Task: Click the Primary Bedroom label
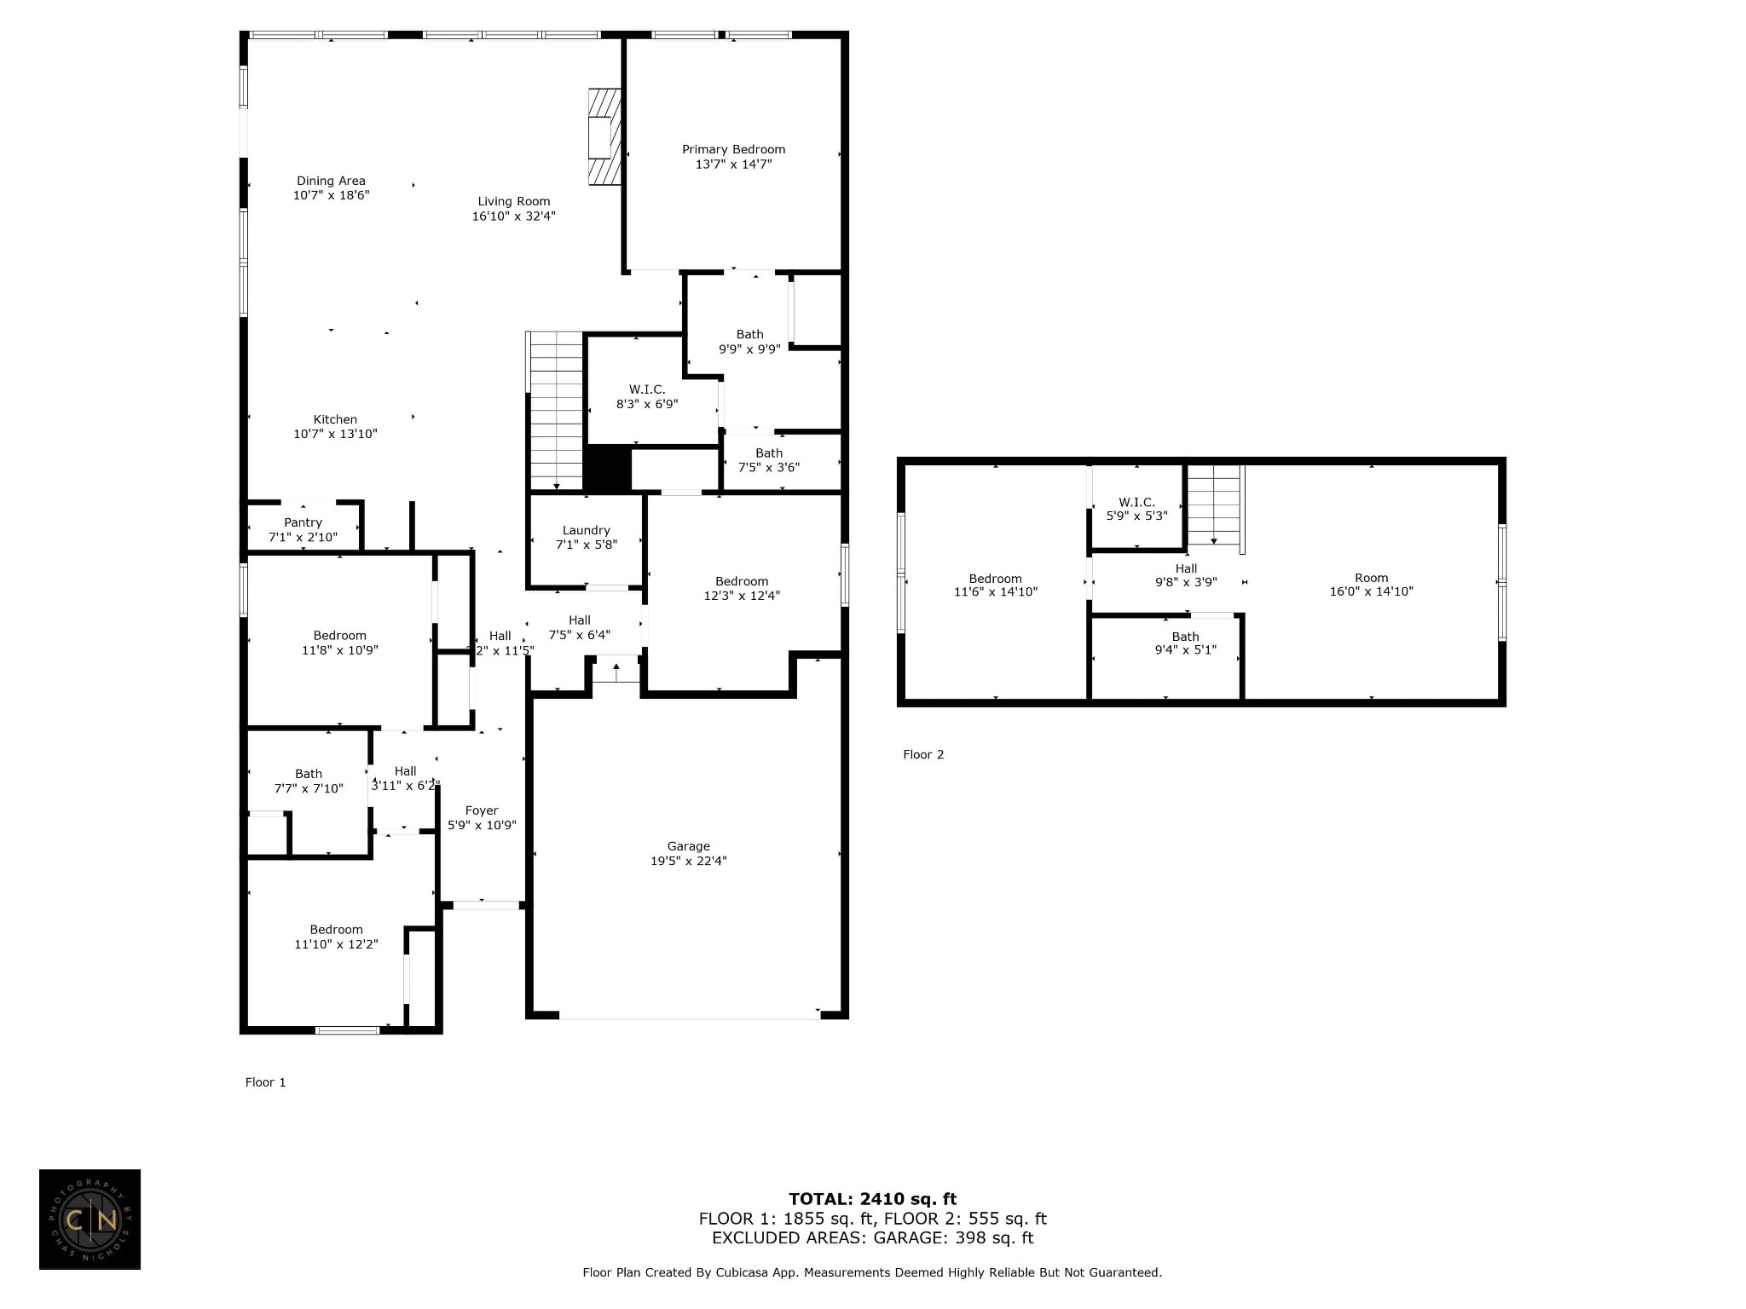pos(733,149)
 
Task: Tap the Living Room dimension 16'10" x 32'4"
pos(513,216)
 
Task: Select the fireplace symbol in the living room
pos(604,136)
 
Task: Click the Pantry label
pos(303,522)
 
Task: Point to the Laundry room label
pos(586,530)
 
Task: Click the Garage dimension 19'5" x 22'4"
pos(688,861)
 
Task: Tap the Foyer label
pos(482,810)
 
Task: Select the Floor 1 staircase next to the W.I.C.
pos(556,409)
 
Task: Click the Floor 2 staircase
pos(1214,505)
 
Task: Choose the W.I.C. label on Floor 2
pos(1136,502)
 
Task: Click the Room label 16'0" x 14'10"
pos(1371,578)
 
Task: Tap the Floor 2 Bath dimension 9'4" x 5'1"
pos(1185,650)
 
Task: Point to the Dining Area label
pos(331,181)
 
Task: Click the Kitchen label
pos(335,419)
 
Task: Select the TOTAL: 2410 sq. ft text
pos(872,1199)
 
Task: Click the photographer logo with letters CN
pos(90,1220)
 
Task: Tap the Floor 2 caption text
pos(923,754)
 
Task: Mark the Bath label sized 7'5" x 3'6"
pos(768,453)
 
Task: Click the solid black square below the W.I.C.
pos(607,468)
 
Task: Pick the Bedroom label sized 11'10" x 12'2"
pos(336,930)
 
